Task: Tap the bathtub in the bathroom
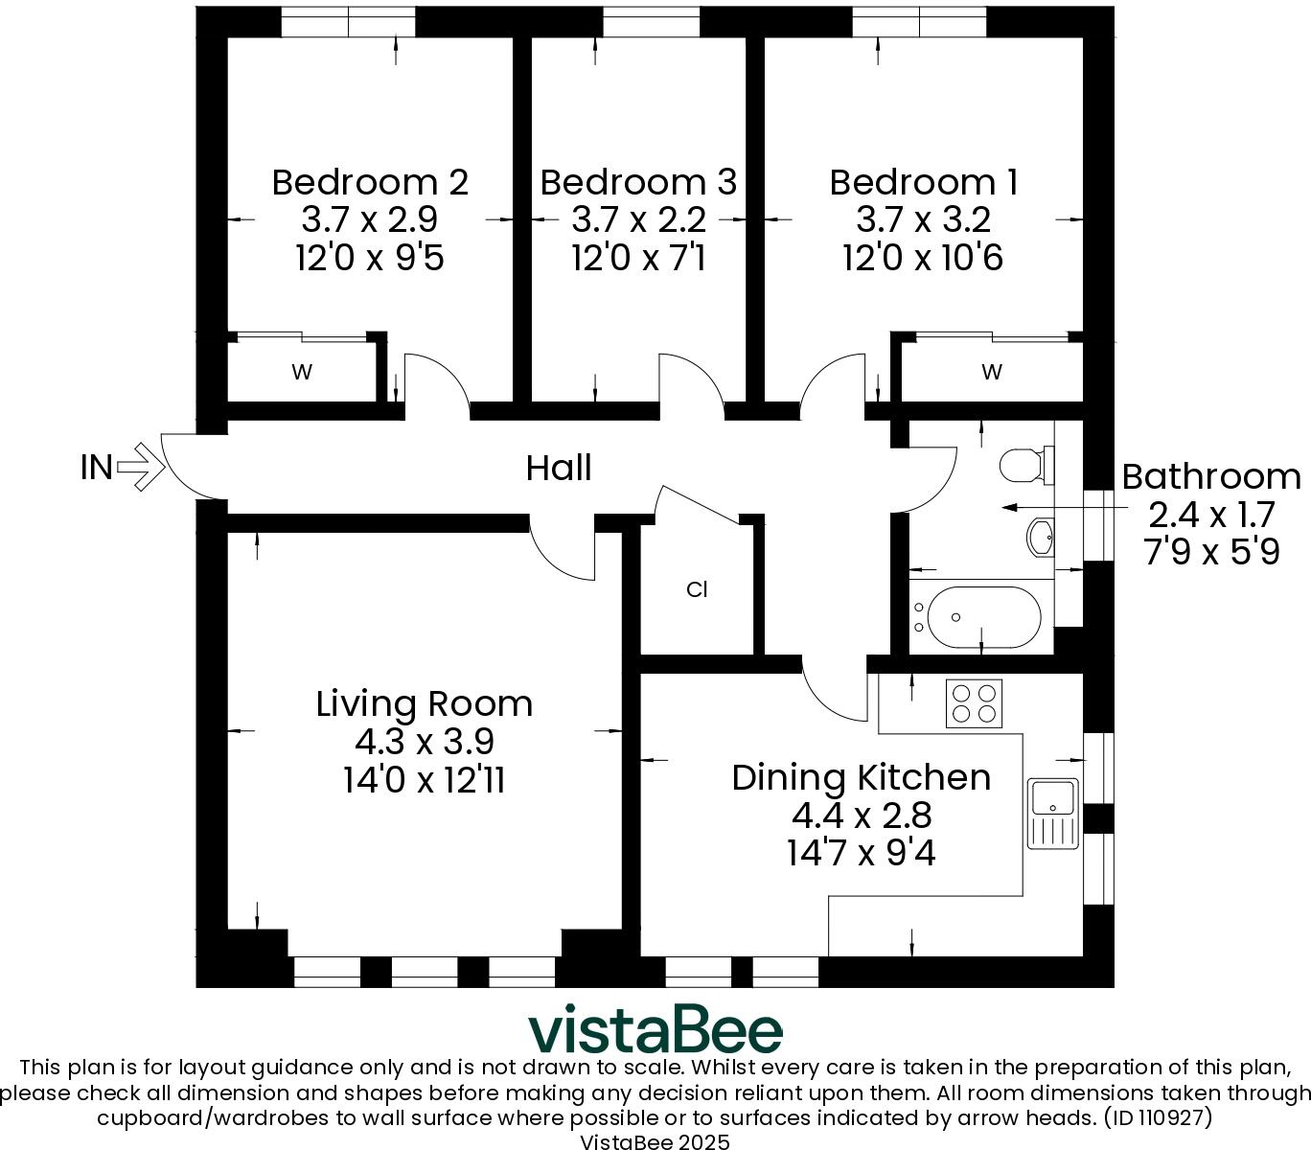[984, 617]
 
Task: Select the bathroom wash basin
[1041, 537]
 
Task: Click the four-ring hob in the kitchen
[974, 703]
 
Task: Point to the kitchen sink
[1053, 814]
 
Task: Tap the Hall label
[559, 468]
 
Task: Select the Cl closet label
[697, 589]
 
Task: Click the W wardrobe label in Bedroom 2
[302, 372]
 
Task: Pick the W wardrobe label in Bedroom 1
[991, 372]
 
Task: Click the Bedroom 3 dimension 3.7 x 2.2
[638, 220]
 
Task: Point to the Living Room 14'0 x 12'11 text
[424, 780]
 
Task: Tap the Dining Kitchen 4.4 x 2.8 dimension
[862, 816]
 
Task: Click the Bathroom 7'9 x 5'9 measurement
[1211, 553]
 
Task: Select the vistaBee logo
[655, 1028]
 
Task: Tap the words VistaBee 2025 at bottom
[655, 1141]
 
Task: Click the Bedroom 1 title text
[924, 182]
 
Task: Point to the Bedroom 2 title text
[370, 182]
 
